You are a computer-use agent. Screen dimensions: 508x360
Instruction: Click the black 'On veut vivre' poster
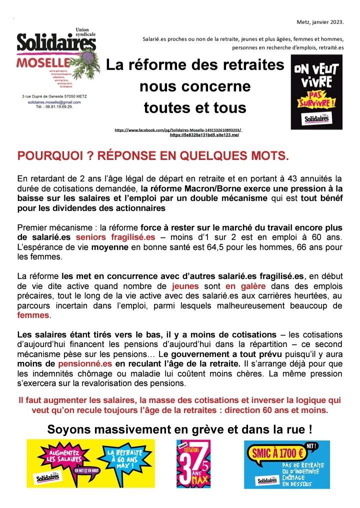pos(316,91)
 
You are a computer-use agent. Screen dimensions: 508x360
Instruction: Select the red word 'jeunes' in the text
pos(185,286)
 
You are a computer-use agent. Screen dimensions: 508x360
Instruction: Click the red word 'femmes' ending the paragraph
pos(33,315)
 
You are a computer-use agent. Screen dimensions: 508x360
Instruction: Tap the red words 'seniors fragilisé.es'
pos(115,237)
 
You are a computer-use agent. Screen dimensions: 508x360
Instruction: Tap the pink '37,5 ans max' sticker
pos(193,463)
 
